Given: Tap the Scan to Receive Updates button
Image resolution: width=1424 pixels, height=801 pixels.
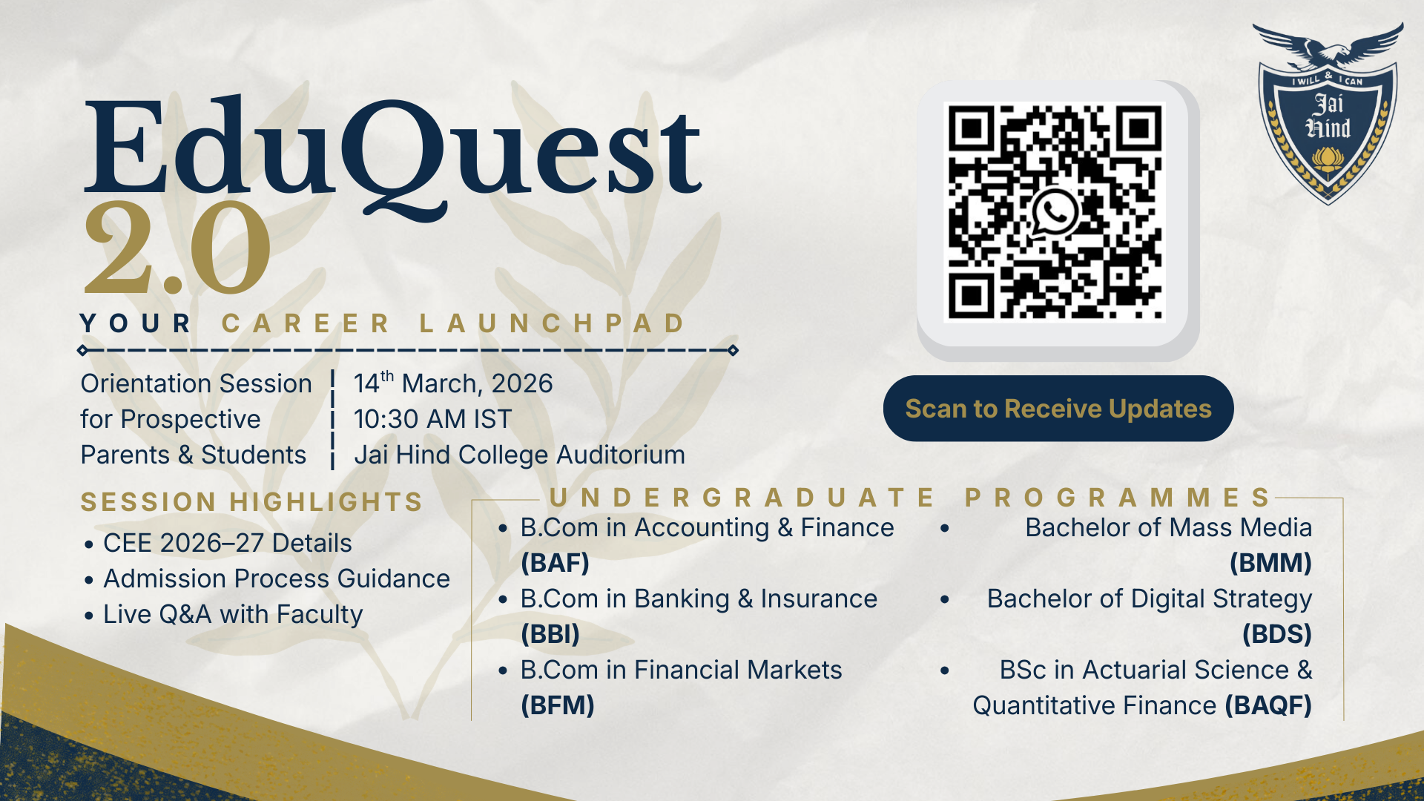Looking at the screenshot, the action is pyautogui.click(x=1058, y=409).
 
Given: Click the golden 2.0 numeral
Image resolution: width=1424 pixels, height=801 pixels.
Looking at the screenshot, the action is pyautogui.click(x=177, y=248).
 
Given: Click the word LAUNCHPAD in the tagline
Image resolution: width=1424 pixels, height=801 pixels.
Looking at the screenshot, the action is pyautogui.click(x=553, y=323).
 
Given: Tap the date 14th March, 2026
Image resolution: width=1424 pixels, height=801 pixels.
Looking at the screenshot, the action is pyautogui.click(x=453, y=383).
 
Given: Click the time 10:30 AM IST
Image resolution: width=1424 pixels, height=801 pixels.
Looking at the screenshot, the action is pyautogui.click(x=432, y=419).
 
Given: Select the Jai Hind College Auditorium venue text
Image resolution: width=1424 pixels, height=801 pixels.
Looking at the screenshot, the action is pyautogui.click(x=519, y=455).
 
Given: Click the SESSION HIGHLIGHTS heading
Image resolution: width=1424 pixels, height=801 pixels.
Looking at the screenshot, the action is pyautogui.click(x=251, y=502).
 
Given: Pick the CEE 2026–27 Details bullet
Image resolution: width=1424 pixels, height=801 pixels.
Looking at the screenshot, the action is pyautogui.click(x=227, y=543).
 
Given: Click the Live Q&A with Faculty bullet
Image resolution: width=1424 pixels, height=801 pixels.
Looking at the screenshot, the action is pyautogui.click(x=233, y=614).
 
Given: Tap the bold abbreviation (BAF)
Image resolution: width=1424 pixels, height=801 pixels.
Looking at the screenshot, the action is pyautogui.click(x=555, y=563).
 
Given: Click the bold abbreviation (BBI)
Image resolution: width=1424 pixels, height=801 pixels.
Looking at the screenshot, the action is pyautogui.click(x=550, y=634).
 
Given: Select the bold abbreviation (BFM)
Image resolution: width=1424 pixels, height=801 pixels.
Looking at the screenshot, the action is pyautogui.click(x=558, y=705).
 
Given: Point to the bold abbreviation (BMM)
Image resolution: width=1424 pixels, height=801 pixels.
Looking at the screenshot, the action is pyautogui.click(x=1270, y=563).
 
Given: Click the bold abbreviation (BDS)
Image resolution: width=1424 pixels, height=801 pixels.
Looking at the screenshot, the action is pyautogui.click(x=1277, y=634).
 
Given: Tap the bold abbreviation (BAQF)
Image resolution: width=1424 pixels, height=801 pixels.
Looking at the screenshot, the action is pyautogui.click(x=1268, y=705).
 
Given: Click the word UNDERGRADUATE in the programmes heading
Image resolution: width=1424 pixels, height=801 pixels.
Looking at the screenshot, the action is pyautogui.click(x=742, y=498).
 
